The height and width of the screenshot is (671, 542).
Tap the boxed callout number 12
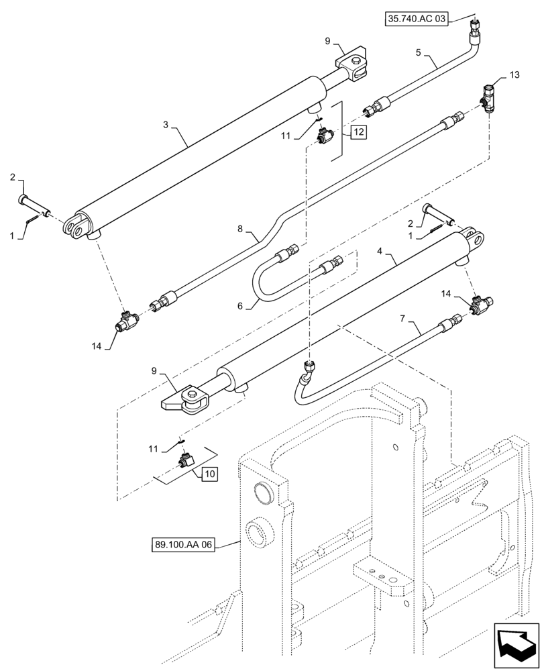point(358,132)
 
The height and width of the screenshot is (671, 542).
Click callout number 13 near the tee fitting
point(514,75)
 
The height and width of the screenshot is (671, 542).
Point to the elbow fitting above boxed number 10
point(185,460)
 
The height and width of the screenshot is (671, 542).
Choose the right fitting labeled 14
point(480,304)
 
